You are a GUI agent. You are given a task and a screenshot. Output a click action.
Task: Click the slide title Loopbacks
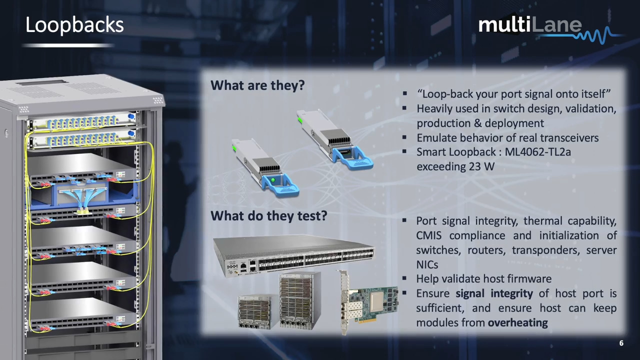click(x=74, y=25)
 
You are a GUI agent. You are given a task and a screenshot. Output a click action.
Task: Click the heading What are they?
click(x=257, y=85)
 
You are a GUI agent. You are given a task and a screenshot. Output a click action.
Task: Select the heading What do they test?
click(x=268, y=215)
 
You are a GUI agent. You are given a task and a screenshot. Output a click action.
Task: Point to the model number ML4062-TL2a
click(x=537, y=152)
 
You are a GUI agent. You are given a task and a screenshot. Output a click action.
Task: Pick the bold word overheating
click(x=517, y=322)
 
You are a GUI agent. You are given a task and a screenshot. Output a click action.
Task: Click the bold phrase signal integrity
click(x=494, y=293)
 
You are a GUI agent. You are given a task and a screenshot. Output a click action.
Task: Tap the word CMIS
click(x=432, y=235)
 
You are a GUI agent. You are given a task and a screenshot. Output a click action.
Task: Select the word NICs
click(x=427, y=264)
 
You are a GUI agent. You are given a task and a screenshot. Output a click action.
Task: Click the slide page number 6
click(x=621, y=343)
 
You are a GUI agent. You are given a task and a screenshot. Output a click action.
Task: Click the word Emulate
click(x=436, y=137)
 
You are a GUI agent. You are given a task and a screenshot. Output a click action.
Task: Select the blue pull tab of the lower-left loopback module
click(x=281, y=186)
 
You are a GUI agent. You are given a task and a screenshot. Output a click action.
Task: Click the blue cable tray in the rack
click(x=82, y=196)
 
